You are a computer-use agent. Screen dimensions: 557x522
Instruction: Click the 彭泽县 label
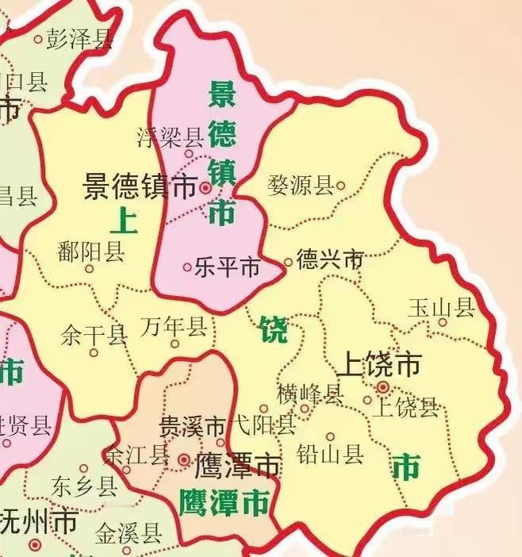(80, 39)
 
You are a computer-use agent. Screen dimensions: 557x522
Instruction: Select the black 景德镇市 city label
(140, 188)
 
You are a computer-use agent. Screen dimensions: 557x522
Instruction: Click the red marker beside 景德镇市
(205, 189)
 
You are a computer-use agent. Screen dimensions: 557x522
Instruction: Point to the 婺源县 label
(301, 187)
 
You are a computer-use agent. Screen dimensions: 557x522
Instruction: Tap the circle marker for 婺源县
(341, 186)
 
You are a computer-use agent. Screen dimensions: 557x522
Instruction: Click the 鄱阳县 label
(91, 252)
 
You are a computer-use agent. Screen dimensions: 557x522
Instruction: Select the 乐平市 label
(227, 268)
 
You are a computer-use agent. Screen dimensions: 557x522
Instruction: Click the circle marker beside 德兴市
(289, 262)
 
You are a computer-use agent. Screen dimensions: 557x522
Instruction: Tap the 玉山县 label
(441, 308)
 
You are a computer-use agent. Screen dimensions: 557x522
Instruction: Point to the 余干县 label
(94, 335)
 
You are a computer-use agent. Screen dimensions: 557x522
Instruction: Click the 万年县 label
(174, 326)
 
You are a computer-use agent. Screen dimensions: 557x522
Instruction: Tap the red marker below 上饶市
(383, 387)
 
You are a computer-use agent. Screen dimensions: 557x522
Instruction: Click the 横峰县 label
(309, 392)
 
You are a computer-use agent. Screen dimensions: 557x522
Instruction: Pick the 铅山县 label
(330, 454)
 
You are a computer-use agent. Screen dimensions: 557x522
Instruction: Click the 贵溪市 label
(193, 425)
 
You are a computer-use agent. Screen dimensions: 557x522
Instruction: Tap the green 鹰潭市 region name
(224, 502)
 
